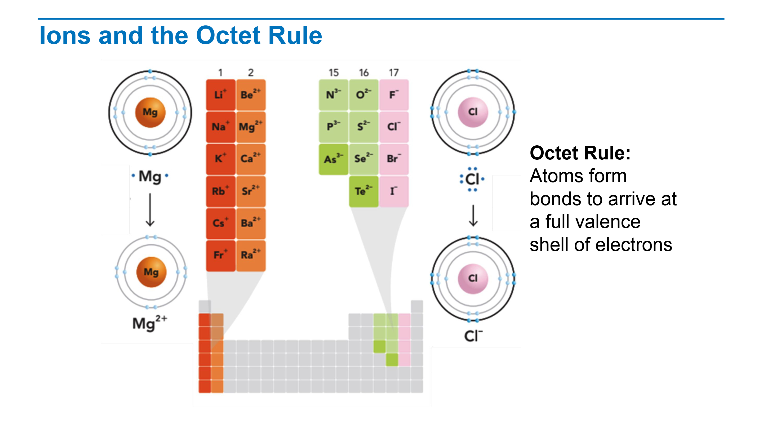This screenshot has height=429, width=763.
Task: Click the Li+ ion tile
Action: (x=221, y=95)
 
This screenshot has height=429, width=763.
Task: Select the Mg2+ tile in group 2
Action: (x=251, y=127)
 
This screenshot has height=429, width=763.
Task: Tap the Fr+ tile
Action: (x=221, y=256)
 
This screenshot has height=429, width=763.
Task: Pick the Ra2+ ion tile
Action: (x=251, y=256)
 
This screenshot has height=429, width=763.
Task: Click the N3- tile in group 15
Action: (x=334, y=95)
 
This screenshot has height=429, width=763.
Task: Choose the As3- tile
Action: (x=334, y=159)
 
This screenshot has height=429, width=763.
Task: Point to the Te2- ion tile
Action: (x=364, y=191)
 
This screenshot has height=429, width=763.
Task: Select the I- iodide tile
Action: (x=394, y=191)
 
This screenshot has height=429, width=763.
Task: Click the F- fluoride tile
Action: (x=394, y=95)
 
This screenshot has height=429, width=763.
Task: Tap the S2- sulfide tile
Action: (x=364, y=127)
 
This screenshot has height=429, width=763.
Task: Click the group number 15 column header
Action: (x=334, y=73)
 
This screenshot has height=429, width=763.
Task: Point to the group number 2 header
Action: (x=251, y=73)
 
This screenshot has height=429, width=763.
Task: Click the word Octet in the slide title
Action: (x=228, y=35)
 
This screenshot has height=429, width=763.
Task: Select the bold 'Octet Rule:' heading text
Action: (x=580, y=153)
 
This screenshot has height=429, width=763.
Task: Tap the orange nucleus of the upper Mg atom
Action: (x=150, y=113)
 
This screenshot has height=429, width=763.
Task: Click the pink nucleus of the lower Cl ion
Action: (x=473, y=279)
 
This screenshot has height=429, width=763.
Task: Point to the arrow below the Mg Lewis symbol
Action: (x=150, y=210)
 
